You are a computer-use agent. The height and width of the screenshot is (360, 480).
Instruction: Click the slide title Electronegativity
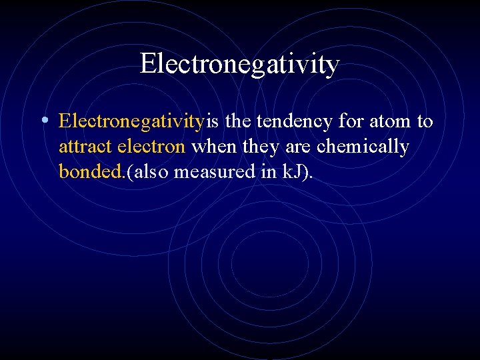[x=240, y=64]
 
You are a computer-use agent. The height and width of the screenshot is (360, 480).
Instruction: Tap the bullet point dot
[x=43, y=121]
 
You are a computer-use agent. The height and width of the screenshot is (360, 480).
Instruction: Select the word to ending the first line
[x=425, y=122]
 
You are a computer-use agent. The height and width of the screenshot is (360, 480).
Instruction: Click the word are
[x=297, y=147]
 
